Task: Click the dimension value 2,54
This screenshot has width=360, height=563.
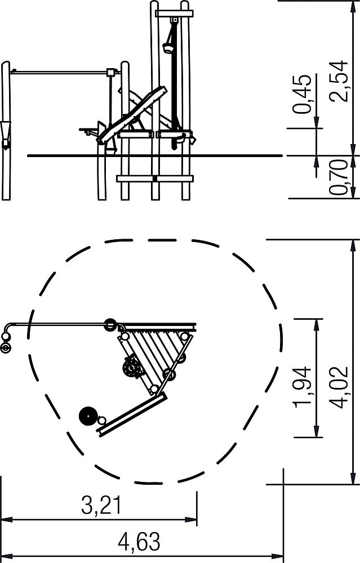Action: click(x=340, y=82)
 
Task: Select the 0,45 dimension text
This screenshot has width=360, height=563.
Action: click(x=301, y=94)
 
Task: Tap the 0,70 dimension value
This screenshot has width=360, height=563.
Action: click(x=340, y=178)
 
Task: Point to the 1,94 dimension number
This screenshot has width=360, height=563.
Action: click(x=301, y=387)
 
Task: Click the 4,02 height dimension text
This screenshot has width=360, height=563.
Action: click(x=340, y=387)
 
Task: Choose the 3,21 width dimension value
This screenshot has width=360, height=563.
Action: click(x=101, y=505)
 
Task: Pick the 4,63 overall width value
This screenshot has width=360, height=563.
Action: click(x=139, y=542)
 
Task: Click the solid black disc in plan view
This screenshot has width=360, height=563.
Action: click(x=88, y=416)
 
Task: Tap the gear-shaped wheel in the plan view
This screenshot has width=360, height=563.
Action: click(x=132, y=368)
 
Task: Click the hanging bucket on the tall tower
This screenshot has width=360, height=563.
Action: click(x=168, y=48)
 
